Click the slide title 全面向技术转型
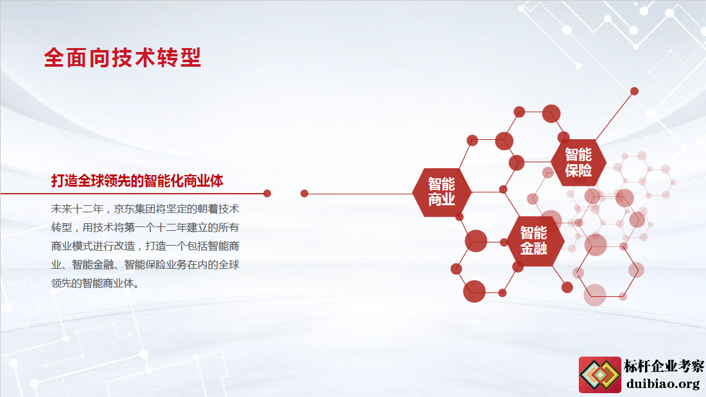coord(123,58)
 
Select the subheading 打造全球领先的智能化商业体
coord(137,181)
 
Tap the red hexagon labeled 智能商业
coord(442,192)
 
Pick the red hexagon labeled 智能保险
coord(579,162)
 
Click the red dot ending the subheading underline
coord(267,193)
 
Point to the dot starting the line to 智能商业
coord(304,193)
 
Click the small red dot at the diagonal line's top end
coord(635,91)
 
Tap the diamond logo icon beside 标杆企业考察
coord(600,374)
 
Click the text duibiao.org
coord(663,384)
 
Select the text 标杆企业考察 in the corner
coord(664,366)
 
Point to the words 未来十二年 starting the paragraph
coord(77,209)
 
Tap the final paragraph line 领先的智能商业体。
coord(95,283)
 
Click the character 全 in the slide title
coord(54,58)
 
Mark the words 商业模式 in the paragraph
coord(71,246)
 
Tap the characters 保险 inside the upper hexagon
coord(579,171)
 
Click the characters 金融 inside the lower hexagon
coord(534,248)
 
